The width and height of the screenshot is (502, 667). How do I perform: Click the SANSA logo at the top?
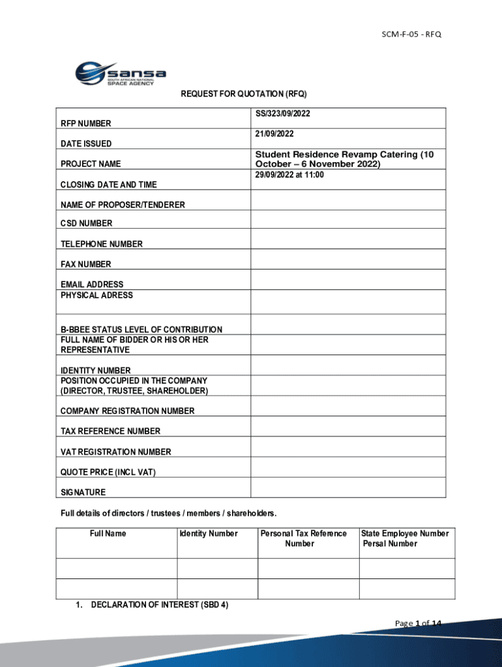tap(121, 74)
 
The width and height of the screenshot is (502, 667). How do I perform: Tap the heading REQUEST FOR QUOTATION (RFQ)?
tap(243, 94)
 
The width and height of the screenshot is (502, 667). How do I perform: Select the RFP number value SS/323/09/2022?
tap(283, 113)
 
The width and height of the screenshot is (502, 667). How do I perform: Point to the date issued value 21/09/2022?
tap(274, 134)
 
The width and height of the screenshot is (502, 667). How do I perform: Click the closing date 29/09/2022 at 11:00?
tap(289, 175)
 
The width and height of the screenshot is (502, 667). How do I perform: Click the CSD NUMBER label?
tap(86, 223)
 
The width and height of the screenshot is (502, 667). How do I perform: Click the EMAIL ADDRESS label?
tap(92, 285)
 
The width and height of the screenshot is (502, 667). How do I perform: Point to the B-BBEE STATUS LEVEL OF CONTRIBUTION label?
tap(141, 330)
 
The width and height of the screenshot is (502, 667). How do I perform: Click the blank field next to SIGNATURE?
tap(348, 488)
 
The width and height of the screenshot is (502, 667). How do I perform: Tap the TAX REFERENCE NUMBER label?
tap(110, 431)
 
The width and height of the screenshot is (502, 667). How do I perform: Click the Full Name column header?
tap(108, 533)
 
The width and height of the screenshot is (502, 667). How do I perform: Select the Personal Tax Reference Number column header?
tap(304, 538)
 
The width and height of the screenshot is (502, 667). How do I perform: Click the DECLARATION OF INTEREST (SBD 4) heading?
tap(160, 605)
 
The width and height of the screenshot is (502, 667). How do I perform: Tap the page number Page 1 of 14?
tap(418, 624)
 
